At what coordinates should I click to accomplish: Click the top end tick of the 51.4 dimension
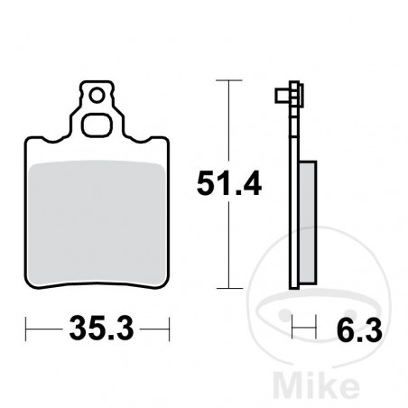[229, 81]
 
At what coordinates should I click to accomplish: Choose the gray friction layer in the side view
[307, 221]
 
